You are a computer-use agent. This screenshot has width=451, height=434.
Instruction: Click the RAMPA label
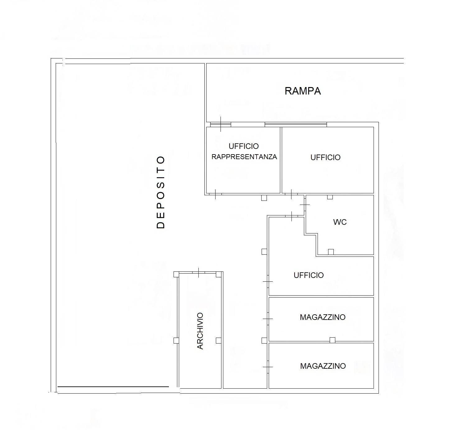[x=303, y=91]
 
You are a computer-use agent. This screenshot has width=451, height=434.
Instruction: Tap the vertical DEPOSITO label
[x=160, y=192]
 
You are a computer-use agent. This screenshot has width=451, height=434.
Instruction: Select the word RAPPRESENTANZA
[x=244, y=157]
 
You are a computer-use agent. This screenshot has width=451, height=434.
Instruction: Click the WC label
[x=340, y=222]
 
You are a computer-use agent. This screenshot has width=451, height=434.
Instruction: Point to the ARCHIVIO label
[x=200, y=331]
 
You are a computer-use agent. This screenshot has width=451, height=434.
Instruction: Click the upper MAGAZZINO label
[x=323, y=317]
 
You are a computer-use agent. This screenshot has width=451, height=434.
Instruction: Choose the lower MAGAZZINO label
[x=323, y=366]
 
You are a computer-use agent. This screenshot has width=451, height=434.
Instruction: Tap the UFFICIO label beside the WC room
[x=325, y=158]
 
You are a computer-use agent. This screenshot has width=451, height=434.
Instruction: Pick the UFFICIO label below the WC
[x=309, y=275]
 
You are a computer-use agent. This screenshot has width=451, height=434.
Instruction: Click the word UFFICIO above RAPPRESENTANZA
[x=244, y=146]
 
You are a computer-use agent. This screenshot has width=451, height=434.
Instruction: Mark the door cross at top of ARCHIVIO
[x=199, y=273]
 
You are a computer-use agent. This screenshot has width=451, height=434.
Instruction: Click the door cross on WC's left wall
[x=305, y=205]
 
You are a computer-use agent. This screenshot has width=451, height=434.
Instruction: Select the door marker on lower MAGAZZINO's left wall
[x=268, y=367]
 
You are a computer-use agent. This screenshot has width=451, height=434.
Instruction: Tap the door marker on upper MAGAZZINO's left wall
[x=268, y=319]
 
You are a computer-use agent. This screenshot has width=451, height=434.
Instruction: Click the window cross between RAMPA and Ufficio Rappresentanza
[x=221, y=124]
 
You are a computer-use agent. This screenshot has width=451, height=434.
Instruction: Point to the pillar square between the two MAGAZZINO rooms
[x=332, y=340]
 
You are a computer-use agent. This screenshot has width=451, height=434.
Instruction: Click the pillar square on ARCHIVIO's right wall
[x=218, y=340]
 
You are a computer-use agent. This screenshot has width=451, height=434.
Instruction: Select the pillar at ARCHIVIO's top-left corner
[x=176, y=274]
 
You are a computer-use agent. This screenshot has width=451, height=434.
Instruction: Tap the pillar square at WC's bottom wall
[x=331, y=252]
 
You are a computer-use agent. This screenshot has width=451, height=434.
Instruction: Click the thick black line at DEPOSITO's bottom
[x=113, y=386]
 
